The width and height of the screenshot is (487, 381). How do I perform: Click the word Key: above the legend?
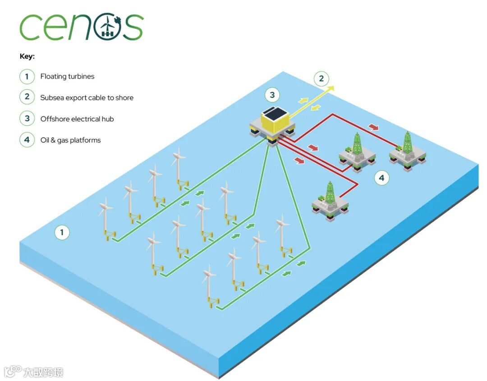click(27, 57)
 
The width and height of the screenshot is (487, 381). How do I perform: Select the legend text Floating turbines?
click(67, 77)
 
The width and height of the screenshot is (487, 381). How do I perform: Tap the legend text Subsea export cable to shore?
click(87, 98)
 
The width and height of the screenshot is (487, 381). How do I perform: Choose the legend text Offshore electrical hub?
click(77, 119)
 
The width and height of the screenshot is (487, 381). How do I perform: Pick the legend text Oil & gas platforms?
click(70, 140)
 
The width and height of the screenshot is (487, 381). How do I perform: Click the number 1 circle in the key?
click(27, 77)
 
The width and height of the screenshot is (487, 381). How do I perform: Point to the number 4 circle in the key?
click(27, 140)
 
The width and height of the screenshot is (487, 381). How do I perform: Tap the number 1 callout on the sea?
click(62, 233)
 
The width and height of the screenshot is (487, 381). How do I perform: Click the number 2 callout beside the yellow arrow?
click(321, 79)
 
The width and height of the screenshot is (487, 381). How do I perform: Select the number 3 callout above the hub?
click(272, 95)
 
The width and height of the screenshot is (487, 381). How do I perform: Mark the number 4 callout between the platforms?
click(382, 178)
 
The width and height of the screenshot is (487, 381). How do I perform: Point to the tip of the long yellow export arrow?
click(333, 86)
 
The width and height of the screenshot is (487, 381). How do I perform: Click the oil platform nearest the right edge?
click(408, 151)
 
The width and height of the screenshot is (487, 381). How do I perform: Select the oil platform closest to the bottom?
click(331, 203)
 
